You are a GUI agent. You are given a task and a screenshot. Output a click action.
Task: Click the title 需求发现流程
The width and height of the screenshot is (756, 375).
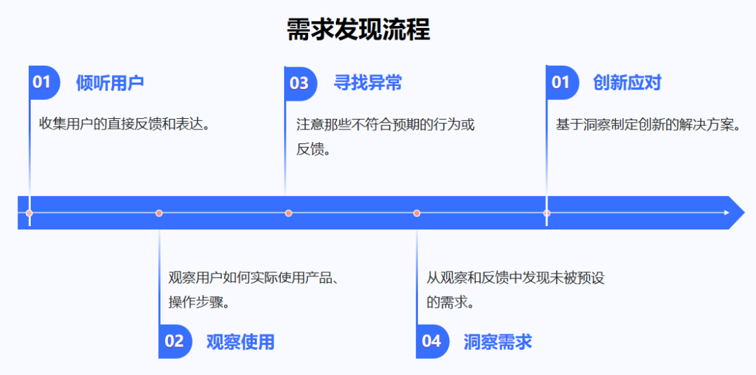pos(358,30)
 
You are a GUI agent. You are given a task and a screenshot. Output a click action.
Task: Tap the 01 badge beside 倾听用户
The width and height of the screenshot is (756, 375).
pos(44,83)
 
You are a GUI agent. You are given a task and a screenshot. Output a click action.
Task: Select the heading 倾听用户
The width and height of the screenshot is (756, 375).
pos(110,83)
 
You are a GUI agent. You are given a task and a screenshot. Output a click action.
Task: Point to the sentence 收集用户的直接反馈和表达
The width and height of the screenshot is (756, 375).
pos(125,123)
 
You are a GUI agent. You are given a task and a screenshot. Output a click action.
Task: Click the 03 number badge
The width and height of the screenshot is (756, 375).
pos(300,83)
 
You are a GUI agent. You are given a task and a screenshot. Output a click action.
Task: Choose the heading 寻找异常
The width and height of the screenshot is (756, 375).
pos(367,83)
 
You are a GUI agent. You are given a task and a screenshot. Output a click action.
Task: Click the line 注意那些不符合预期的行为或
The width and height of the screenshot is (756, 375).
pos(386,125)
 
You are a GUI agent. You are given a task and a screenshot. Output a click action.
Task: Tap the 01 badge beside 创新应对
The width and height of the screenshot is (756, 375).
pos(562,83)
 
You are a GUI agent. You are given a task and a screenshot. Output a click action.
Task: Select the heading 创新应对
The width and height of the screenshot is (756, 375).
pos(626,83)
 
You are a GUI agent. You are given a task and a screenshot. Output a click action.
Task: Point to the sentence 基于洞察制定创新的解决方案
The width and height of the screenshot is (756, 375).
pos(648,125)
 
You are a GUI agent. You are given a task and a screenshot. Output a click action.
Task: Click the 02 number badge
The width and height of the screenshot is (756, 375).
pos(175,341)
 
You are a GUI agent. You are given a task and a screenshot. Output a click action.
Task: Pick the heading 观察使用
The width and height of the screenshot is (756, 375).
pos(240,341)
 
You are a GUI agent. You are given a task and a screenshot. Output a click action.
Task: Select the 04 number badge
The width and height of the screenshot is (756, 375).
pos(433,341)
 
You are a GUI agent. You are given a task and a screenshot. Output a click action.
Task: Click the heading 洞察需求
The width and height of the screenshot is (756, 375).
pos(498,341)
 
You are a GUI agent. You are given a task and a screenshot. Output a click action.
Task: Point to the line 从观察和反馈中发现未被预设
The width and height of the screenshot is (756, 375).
pos(515,278)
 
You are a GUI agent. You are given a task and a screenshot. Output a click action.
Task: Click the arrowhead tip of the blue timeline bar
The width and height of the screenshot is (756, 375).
pos(744,213)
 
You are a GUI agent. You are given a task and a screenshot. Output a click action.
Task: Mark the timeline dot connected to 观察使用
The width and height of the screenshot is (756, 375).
pos(159,213)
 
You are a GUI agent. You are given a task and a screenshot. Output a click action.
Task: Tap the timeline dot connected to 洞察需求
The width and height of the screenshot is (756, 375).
pos(417,213)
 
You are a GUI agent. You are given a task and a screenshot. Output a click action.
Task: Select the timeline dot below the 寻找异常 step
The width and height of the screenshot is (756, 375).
pos(288,213)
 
